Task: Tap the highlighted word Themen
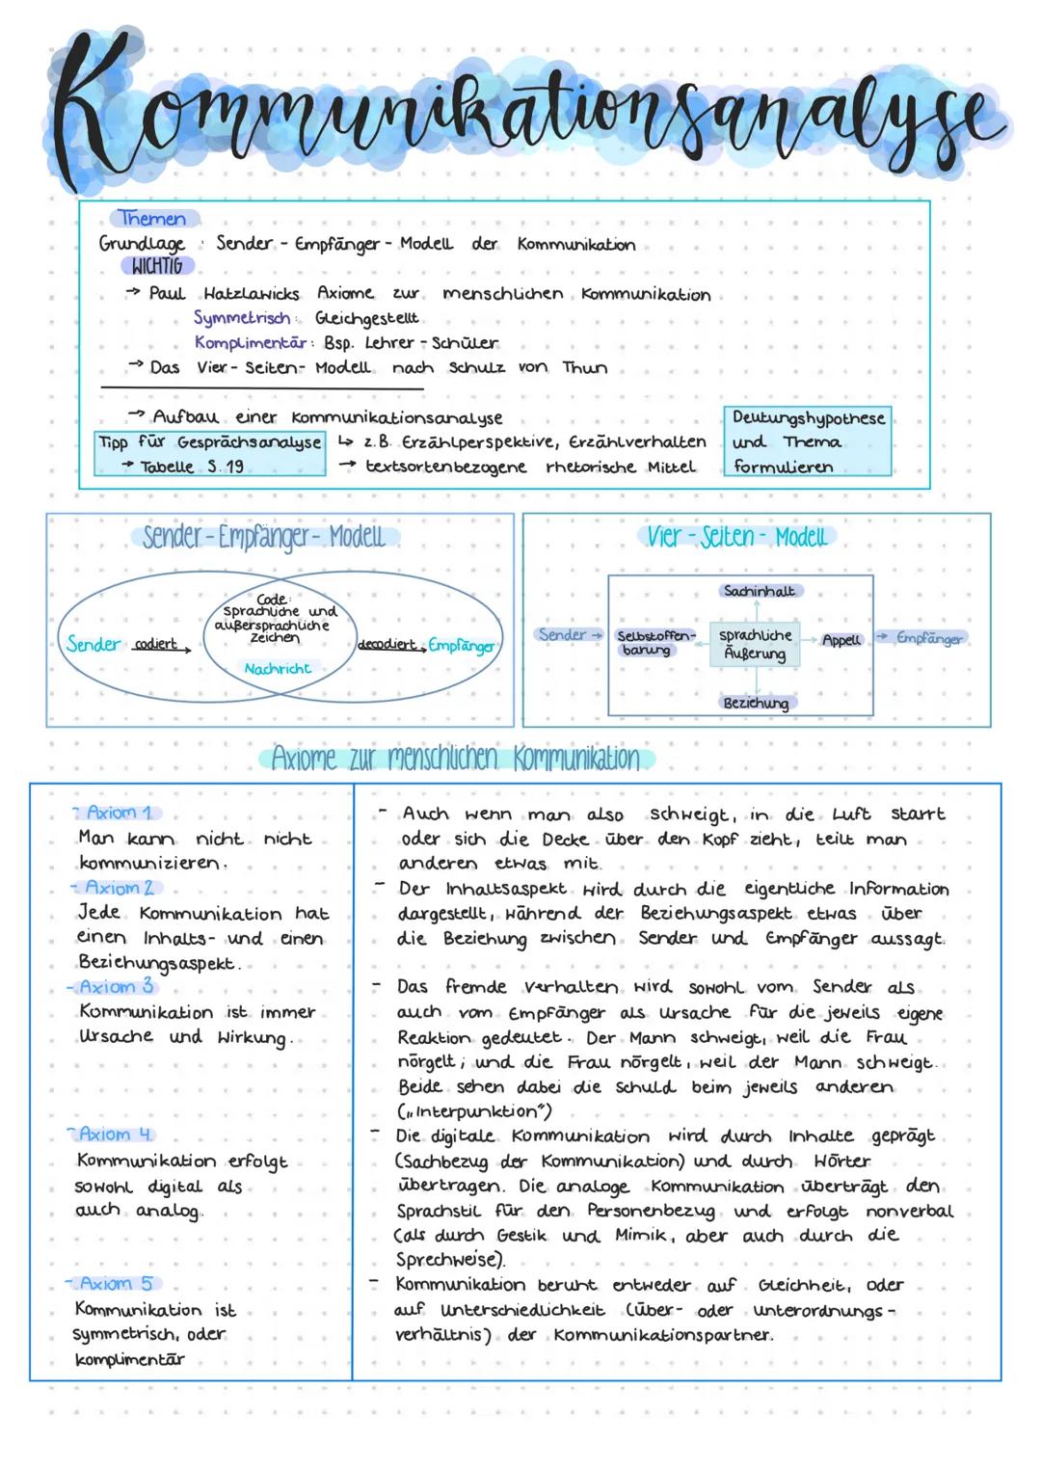point(153,219)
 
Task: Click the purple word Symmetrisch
point(242,318)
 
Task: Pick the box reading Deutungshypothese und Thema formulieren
point(808,442)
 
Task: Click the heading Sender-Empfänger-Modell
point(263,537)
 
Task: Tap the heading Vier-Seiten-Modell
point(736,537)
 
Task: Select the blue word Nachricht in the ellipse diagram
point(278,669)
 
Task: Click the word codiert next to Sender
point(156,645)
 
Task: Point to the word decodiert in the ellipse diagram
point(387,645)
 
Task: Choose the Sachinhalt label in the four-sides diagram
point(759,591)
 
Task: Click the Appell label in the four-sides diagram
point(841,640)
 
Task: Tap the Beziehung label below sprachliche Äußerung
point(756,704)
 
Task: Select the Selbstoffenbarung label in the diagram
point(654,643)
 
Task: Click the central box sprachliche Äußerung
point(755,644)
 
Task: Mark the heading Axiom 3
point(117,987)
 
